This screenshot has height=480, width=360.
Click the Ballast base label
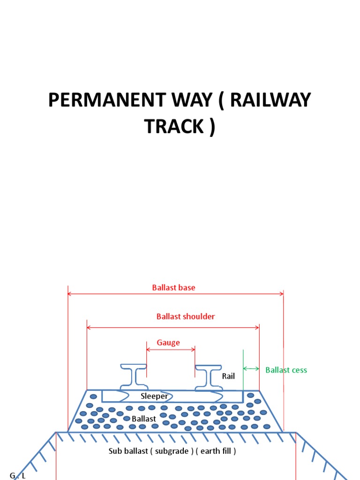pyautogui.click(x=173, y=287)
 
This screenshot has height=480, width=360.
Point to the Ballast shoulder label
pyautogui.click(x=186, y=316)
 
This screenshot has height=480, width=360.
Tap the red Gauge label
pyautogui.click(x=168, y=343)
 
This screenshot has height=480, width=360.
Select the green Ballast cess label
pyautogui.click(x=286, y=370)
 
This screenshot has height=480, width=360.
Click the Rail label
pyautogui.click(x=228, y=376)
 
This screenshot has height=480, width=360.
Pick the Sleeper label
pyautogui.click(x=154, y=396)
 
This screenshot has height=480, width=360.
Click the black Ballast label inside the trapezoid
pyautogui.click(x=143, y=418)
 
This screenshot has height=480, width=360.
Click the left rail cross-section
pyautogui.click(x=133, y=377)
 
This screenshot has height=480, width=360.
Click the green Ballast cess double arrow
pyautogui.click(x=251, y=368)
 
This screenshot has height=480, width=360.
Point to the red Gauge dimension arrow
pyautogui.click(x=171, y=349)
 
